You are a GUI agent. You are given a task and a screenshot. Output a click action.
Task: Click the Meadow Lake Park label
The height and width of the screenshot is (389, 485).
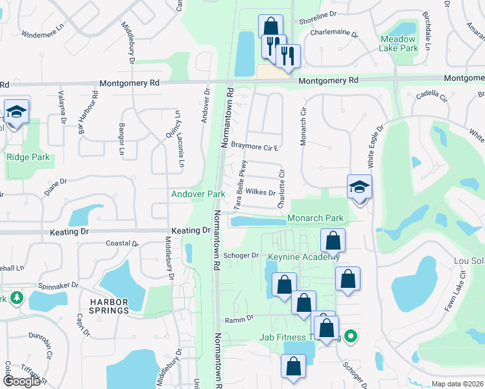tap(399, 43)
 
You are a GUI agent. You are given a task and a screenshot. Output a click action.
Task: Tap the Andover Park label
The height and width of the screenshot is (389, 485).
tap(198, 194)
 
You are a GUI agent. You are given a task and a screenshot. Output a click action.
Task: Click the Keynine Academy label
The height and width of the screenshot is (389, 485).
tap(303, 257)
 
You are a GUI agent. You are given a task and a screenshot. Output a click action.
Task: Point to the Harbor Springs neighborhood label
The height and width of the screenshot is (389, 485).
tap(106, 311)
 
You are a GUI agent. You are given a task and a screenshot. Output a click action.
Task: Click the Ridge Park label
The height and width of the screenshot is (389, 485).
tap(28, 157)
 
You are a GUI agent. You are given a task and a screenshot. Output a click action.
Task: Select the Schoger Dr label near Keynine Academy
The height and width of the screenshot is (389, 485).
tap(241, 255)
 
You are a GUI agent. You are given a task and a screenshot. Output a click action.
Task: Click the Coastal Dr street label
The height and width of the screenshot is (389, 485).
tap(122, 244)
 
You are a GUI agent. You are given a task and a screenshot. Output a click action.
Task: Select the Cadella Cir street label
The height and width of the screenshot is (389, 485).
tap(432, 95)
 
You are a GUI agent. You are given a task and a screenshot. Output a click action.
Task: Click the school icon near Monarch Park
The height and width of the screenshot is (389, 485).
tap(359, 188)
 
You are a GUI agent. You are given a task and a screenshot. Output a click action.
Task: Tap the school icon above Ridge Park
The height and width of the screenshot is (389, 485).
tap(16, 112)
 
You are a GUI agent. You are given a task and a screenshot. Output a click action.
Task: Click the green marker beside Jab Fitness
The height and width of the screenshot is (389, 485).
tap(351, 336)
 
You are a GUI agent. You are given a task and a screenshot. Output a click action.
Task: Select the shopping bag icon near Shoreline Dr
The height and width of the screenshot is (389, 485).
tap(270, 27)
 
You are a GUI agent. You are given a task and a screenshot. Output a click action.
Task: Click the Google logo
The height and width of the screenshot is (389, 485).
tap(21, 381)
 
